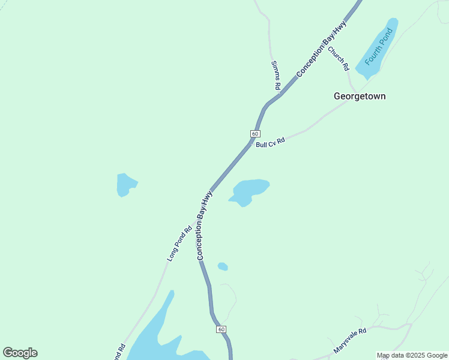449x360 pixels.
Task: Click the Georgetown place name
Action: pos(360,96)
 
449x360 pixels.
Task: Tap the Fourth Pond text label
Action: pos(377,48)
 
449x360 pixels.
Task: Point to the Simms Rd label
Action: pos(276,75)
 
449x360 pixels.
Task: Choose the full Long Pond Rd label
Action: pos(179,243)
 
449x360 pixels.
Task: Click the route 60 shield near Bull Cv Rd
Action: pos(255,133)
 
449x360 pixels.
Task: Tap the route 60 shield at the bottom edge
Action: pos(221,329)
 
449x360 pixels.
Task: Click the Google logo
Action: pos(20,353)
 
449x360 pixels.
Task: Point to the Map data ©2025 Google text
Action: pos(412,355)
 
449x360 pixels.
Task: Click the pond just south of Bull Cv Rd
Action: pos(250,191)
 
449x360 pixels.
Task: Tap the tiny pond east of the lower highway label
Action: pos(223,266)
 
